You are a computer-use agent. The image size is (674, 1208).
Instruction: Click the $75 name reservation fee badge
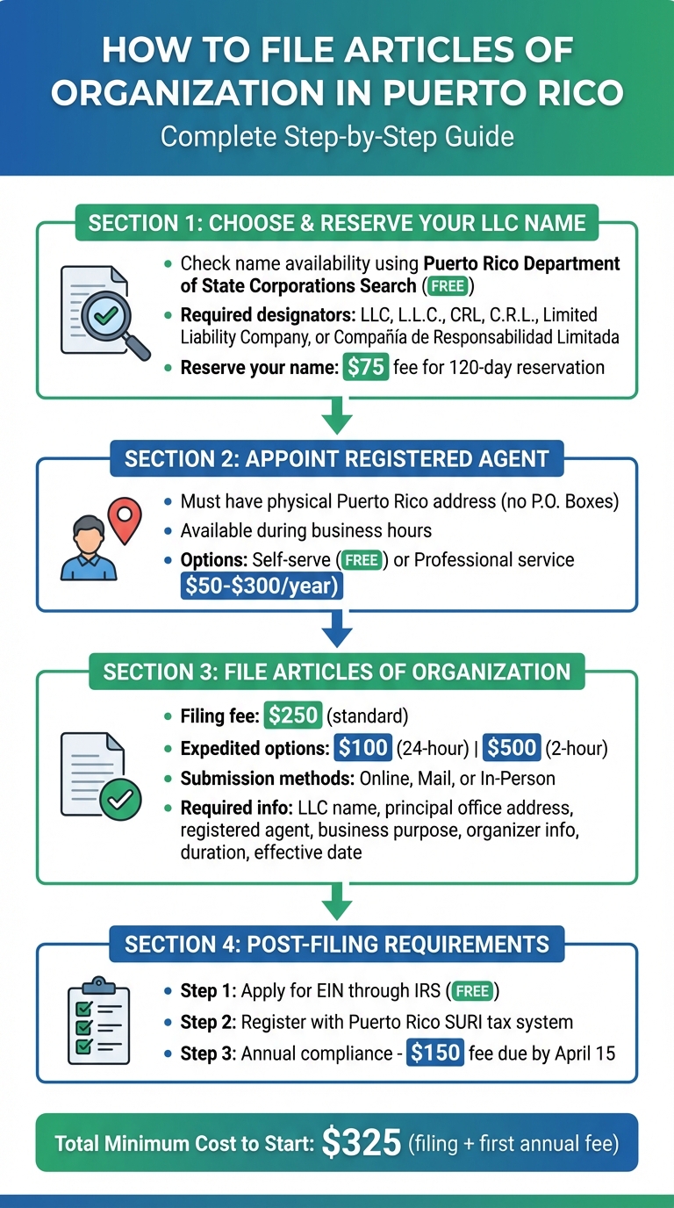pos(365,367)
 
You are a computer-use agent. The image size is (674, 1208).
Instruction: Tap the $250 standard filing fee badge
pos(293,715)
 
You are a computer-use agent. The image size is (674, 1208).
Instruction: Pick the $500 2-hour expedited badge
pos(512,748)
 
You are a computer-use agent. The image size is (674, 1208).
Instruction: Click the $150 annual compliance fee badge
pos(435,1053)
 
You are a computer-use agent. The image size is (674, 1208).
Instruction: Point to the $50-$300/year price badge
pos(262,585)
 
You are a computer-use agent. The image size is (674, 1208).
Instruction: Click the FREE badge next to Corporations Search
pos(448,286)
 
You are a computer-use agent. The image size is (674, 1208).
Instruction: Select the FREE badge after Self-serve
pos(360,560)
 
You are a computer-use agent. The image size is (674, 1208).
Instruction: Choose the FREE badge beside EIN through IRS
pos(473,991)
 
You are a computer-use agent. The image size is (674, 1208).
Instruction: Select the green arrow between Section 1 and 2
pos(336,417)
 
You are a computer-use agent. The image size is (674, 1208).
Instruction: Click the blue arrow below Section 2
pos(336,631)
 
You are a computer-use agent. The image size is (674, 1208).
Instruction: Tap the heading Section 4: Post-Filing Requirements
pos(336,945)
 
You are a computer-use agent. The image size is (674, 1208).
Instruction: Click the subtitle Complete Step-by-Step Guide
pos(336,137)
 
